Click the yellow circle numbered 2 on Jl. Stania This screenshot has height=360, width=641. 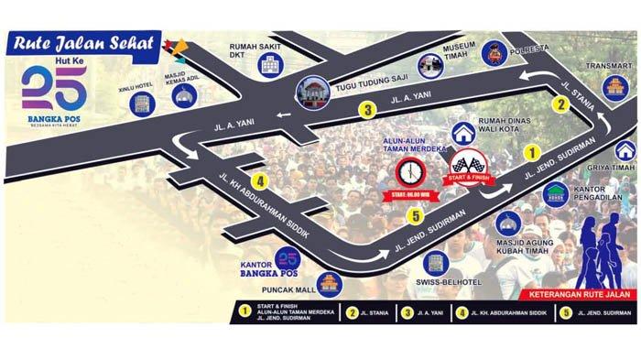click(560, 104)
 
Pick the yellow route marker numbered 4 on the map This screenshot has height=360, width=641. click(261, 180)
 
